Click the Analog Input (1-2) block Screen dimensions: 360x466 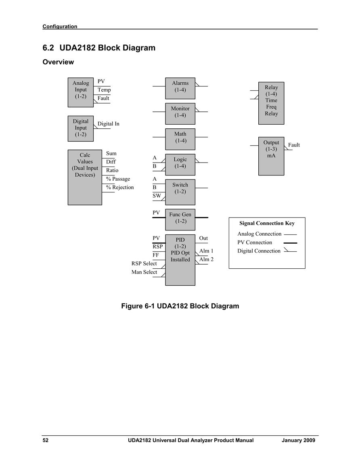pos(81,92)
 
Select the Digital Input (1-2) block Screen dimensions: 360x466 pos(81,129)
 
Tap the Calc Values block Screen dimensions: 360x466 pos(85,178)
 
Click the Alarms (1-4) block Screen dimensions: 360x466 pos(180,88)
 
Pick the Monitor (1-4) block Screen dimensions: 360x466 pos(180,114)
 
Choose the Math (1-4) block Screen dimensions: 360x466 pos(180,139)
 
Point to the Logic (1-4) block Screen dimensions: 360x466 pos(180,165)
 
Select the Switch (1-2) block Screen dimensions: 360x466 pos(180,192)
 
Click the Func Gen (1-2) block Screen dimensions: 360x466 pos(180,219)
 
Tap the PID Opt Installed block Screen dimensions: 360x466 pos(180,260)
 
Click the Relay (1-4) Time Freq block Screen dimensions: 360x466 pos(271,103)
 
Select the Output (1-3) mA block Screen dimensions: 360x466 pos(271,156)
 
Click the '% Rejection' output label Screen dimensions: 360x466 pos(120,187)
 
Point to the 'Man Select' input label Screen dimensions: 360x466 pos(144,272)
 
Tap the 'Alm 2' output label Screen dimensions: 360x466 pos(206,259)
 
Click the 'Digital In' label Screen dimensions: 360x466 pos(109,123)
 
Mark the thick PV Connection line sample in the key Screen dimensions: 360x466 pos(291,243)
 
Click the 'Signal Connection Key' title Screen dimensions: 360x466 pos(267,223)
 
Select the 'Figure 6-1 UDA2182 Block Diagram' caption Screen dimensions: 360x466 pos(180,306)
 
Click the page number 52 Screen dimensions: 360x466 pos(46,440)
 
